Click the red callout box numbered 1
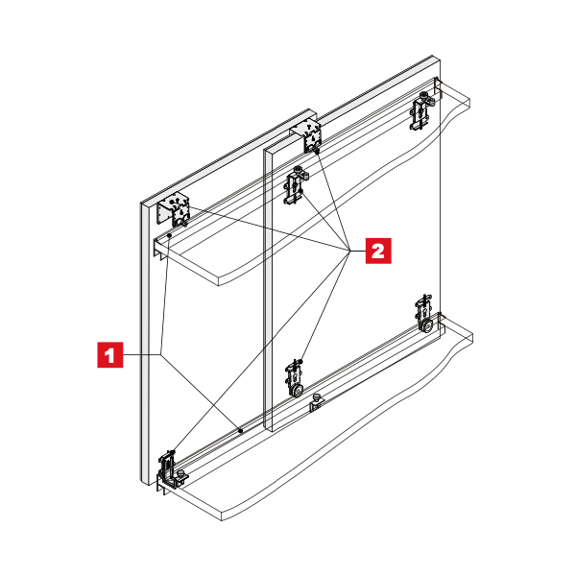tap(110, 354)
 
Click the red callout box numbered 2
tap(378, 251)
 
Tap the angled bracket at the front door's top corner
tap(173, 211)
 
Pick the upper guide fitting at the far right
tap(421, 110)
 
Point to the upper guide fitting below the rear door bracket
tap(296, 184)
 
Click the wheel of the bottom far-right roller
tap(427, 325)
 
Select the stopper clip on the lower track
tap(316, 402)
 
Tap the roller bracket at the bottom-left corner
tap(169, 470)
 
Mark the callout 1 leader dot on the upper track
tap(169, 235)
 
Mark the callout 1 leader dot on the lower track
tap(241, 430)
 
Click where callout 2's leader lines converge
tap(349, 251)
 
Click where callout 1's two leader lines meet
tap(160, 354)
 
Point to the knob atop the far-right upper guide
tap(424, 95)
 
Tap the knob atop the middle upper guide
tap(298, 170)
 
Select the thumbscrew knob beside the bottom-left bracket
tap(180, 474)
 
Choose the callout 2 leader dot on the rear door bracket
tap(316, 151)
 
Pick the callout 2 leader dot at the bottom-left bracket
tap(173, 451)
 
